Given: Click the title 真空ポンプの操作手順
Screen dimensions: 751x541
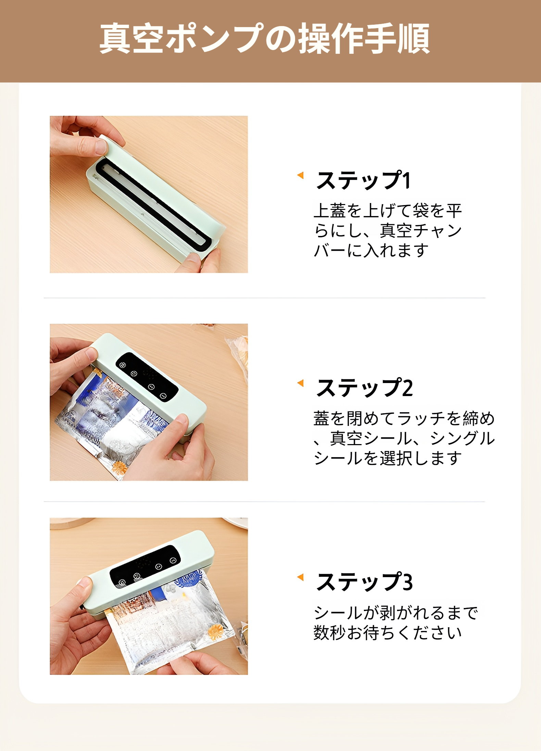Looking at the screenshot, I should pyautogui.click(x=264, y=38).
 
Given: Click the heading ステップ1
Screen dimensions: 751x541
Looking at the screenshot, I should pyautogui.click(x=363, y=180).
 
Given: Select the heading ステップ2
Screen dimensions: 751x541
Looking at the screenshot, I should pyautogui.click(x=364, y=388).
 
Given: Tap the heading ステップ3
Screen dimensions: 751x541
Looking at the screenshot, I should pyautogui.click(x=364, y=582).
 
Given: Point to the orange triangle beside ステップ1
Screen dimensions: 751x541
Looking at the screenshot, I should pyautogui.click(x=301, y=175).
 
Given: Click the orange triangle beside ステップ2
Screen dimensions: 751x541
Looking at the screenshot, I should pyautogui.click(x=301, y=383).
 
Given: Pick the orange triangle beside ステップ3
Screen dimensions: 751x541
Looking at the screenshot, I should pyautogui.click(x=301, y=577).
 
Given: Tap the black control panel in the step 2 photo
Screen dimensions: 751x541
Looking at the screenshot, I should pyautogui.click(x=147, y=377).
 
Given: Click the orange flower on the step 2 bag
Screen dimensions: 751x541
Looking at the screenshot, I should pyautogui.click(x=119, y=467).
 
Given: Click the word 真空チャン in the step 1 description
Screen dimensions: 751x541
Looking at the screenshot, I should pyautogui.click(x=420, y=230).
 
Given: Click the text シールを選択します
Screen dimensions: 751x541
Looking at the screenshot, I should pyautogui.click(x=388, y=458).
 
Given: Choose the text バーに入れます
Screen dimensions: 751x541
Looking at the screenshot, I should pyautogui.click(x=371, y=250).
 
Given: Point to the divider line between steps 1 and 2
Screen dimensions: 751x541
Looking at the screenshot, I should pyautogui.click(x=264, y=298).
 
